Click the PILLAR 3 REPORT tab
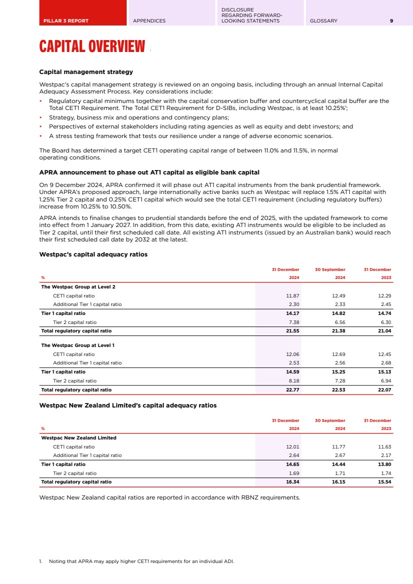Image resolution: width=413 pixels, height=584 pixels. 67,21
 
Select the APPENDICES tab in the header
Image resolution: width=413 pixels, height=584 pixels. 149,21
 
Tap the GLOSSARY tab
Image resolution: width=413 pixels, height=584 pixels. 323,21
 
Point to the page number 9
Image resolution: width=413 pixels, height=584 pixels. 391,21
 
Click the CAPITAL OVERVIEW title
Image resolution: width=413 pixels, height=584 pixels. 92,47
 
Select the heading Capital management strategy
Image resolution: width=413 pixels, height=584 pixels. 86,72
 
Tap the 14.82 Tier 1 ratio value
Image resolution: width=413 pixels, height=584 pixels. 338,313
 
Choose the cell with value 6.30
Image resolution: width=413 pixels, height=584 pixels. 385,322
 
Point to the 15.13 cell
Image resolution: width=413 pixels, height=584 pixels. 384,372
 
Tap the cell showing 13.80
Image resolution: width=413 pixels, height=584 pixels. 384,464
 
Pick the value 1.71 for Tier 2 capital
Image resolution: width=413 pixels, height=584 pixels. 339,473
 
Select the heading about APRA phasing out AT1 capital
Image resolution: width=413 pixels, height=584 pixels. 149,172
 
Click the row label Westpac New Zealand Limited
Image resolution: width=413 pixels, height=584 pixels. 79,438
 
